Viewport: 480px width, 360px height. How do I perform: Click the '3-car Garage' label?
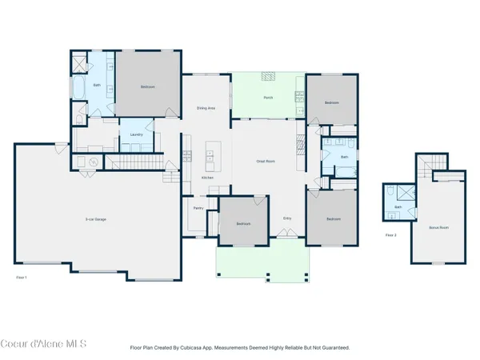(x=96, y=219)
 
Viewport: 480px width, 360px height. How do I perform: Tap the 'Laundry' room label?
(x=136, y=134)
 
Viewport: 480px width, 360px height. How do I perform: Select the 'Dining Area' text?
(x=206, y=108)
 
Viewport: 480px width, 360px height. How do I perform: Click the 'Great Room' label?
(x=266, y=161)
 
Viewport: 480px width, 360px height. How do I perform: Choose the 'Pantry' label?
(x=198, y=208)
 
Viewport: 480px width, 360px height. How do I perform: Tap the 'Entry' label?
(x=287, y=218)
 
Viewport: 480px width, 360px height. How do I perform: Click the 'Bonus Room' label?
(x=438, y=228)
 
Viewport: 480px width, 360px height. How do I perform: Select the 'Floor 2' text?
(x=391, y=235)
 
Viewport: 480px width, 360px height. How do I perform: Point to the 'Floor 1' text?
(x=22, y=277)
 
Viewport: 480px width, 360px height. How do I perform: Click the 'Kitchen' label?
(x=206, y=178)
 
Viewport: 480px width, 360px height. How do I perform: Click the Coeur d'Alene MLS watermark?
(x=44, y=344)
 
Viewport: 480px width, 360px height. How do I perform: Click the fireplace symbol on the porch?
(x=270, y=77)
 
